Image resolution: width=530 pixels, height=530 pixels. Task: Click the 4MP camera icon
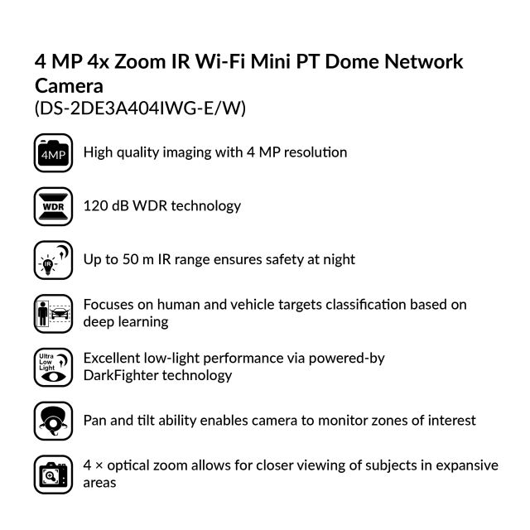point(54,154)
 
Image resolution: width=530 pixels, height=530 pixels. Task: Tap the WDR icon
point(54,205)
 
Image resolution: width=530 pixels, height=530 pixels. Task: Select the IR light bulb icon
point(54,259)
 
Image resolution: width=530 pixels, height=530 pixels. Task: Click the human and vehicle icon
point(54,313)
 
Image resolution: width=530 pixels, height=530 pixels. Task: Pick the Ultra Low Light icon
point(54,367)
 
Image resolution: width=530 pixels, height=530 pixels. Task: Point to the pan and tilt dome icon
point(54,421)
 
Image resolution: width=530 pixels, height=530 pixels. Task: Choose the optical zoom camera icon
point(54,475)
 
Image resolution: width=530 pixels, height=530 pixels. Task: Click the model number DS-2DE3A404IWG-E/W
point(140,108)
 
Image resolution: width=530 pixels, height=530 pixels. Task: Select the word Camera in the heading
point(70,85)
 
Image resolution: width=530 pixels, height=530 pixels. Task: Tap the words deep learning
point(126,322)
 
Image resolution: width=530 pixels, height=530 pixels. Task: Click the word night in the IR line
point(338,259)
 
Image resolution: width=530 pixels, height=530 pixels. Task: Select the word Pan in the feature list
point(96,420)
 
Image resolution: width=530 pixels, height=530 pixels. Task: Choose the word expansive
point(468,465)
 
